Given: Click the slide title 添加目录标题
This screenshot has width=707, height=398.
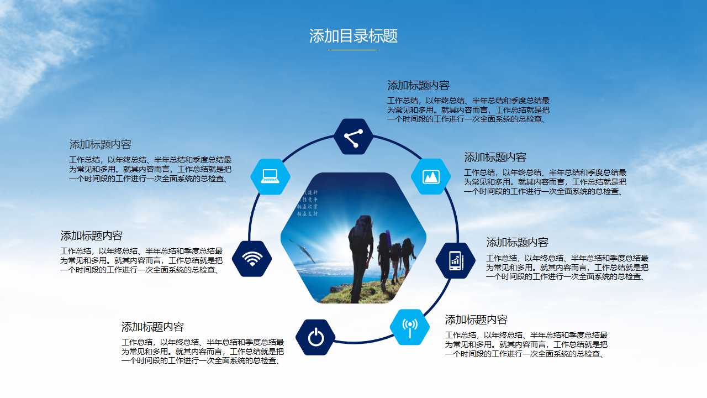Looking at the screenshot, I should point(353,36).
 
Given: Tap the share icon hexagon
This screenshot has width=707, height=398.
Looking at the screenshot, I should point(353,137).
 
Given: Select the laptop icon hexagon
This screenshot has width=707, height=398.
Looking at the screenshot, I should point(270,176).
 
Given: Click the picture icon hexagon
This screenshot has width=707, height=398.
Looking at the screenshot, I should point(431,176).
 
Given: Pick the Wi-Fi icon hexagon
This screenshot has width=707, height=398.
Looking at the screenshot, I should point(252,259).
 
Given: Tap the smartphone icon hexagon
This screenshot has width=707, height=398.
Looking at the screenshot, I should point(455,260).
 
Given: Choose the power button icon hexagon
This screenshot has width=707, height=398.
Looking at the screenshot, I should point(315,337).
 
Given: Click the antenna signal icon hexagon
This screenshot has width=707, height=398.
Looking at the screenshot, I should point(410,327).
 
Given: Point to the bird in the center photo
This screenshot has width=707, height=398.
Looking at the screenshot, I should point(303,251).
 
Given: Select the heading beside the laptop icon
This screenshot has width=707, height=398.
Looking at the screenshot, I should point(101,145).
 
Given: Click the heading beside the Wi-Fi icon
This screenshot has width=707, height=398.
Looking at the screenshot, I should point(92,236).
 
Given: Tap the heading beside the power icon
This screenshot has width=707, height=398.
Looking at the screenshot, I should point(153,327).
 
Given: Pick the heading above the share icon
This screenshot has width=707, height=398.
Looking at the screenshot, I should point(419,86).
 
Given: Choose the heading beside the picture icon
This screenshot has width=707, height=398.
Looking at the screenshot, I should point(495,158).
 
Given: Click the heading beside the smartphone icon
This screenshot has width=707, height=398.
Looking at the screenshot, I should point(518,243).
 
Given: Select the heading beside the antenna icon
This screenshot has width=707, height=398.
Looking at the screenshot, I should point(477,320).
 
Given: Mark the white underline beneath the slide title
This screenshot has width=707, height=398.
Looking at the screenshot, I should point(352,50).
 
